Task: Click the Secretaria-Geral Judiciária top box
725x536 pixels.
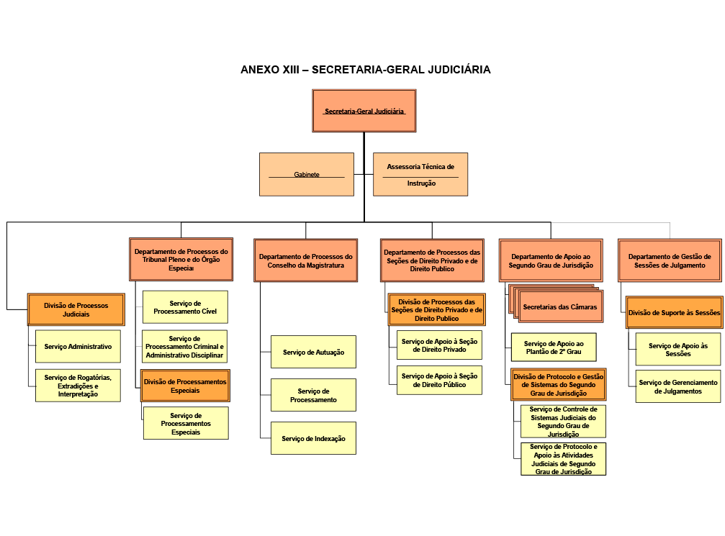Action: point(364,111)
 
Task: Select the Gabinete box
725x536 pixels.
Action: point(306,174)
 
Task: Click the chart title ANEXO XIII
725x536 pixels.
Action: point(365,70)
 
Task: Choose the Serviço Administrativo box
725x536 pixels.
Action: point(78,347)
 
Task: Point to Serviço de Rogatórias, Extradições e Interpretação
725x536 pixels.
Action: point(78,385)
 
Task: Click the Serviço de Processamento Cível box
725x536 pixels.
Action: point(185,307)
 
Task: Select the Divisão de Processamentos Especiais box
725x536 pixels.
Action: point(185,386)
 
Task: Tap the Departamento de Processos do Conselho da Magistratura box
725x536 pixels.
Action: point(306,260)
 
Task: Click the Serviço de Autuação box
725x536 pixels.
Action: point(313,352)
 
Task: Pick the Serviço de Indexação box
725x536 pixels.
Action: point(313,438)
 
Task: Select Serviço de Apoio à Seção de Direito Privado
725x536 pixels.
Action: point(439,345)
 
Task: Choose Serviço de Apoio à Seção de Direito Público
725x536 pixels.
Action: point(439,380)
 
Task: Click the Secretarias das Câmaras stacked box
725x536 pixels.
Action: point(559,306)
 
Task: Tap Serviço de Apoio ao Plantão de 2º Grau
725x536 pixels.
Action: point(554,348)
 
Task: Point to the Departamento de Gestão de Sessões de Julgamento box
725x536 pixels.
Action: point(670,260)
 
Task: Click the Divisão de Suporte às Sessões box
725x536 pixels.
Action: point(674,312)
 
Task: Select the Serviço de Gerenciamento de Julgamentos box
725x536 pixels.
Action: point(678,386)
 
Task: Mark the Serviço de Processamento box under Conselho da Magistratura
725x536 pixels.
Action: point(313,395)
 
